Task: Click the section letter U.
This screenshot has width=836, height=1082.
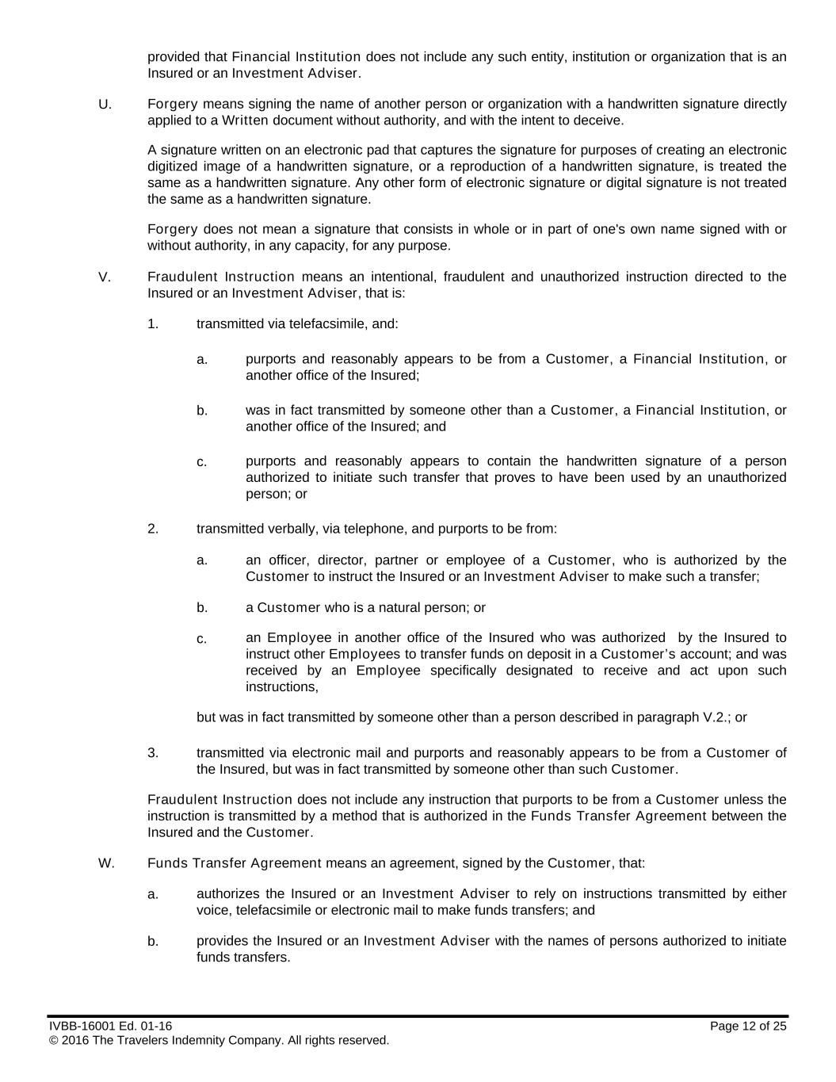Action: point(103,105)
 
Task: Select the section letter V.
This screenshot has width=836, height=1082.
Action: point(103,277)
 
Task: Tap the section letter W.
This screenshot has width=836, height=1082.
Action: point(105,863)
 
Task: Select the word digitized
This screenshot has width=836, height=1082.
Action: point(171,167)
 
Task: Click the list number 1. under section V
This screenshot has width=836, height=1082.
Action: point(153,324)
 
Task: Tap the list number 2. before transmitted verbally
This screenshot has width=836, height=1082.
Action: point(153,529)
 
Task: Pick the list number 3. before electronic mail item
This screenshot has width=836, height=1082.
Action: point(153,753)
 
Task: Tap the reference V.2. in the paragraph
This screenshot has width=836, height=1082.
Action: point(717,718)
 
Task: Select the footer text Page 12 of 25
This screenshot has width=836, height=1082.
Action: point(748,1027)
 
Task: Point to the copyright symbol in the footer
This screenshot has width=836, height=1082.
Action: point(53,1041)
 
